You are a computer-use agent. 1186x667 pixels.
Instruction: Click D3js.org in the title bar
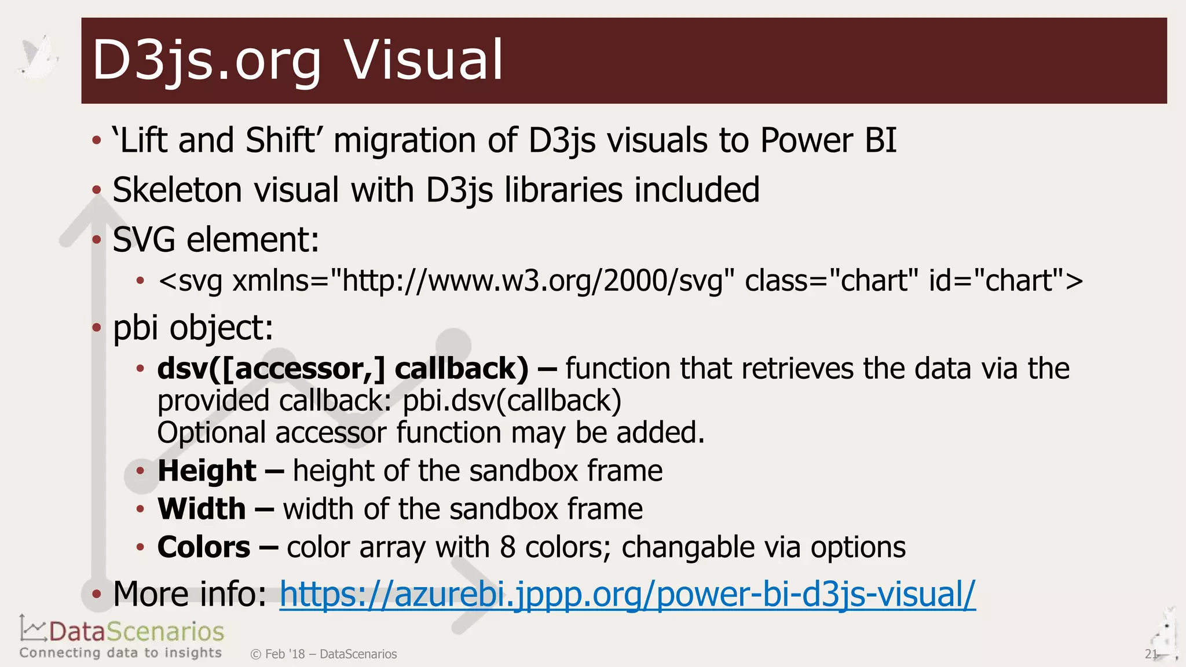coord(207,60)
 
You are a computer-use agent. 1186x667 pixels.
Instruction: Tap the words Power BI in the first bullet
coord(828,140)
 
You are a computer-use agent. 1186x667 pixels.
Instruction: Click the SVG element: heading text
coord(216,240)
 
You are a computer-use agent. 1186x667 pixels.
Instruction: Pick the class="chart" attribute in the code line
coord(831,281)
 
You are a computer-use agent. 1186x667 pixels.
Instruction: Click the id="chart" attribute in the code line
coord(1005,281)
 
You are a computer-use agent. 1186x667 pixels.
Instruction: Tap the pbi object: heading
coord(193,328)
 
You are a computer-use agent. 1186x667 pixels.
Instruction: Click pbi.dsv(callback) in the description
coord(512,401)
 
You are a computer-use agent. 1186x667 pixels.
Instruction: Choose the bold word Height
coord(207,470)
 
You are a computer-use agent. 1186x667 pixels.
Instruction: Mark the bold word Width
coord(202,509)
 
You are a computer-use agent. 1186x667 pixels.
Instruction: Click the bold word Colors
coord(204,547)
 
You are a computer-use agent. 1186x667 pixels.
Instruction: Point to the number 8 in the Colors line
coord(507,547)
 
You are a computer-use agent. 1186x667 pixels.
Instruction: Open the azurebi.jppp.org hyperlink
coord(627,594)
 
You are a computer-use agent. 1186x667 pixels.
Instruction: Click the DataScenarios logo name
coord(136,631)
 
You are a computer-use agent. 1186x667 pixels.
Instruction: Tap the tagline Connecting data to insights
coord(120,653)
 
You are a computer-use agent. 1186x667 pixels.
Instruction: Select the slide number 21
coord(1151,654)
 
